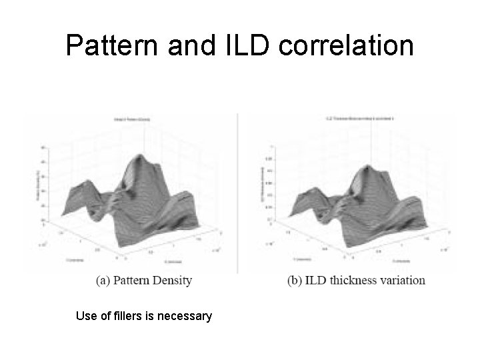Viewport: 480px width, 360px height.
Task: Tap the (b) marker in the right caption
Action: [295, 280]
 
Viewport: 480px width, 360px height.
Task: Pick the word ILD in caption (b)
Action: [319, 280]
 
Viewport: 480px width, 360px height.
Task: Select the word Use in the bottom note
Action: [87, 315]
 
